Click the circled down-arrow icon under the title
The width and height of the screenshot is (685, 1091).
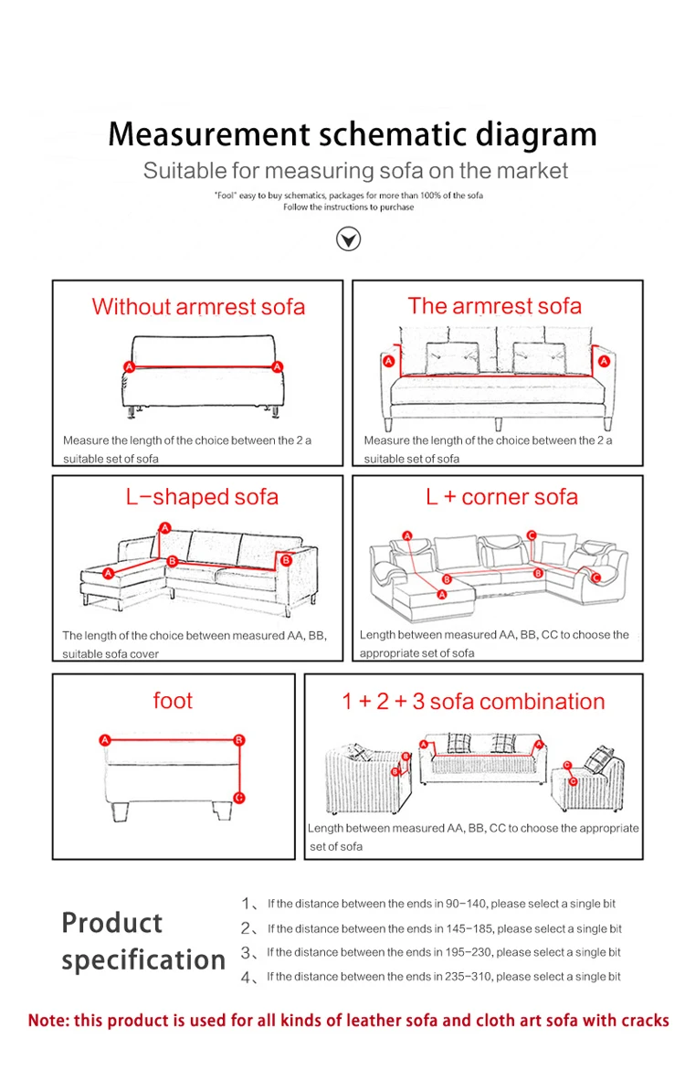tap(349, 239)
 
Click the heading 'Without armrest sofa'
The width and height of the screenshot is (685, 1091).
tap(198, 307)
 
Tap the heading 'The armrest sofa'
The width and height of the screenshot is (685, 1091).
tap(494, 306)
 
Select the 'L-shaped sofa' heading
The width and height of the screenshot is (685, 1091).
tap(202, 497)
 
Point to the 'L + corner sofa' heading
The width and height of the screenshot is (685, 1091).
tap(501, 497)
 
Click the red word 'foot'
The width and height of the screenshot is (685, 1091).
tap(173, 701)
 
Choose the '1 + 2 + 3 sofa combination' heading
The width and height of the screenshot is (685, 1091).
tap(473, 702)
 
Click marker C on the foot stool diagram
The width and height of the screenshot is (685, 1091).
tap(239, 798)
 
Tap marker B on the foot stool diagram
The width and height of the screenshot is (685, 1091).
tap(239, 739)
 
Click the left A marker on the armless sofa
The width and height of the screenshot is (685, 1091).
tap(129, 366)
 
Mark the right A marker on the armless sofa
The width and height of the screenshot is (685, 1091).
tap(277, 366)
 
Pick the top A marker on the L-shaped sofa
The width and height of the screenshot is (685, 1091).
tap(164, 527)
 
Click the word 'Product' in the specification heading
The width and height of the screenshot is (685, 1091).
tap(111, 923)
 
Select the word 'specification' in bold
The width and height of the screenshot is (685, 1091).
tap(143, 960)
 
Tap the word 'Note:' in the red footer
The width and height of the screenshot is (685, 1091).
tap(48, 1021)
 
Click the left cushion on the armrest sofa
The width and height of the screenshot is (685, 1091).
tap(452, 357)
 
